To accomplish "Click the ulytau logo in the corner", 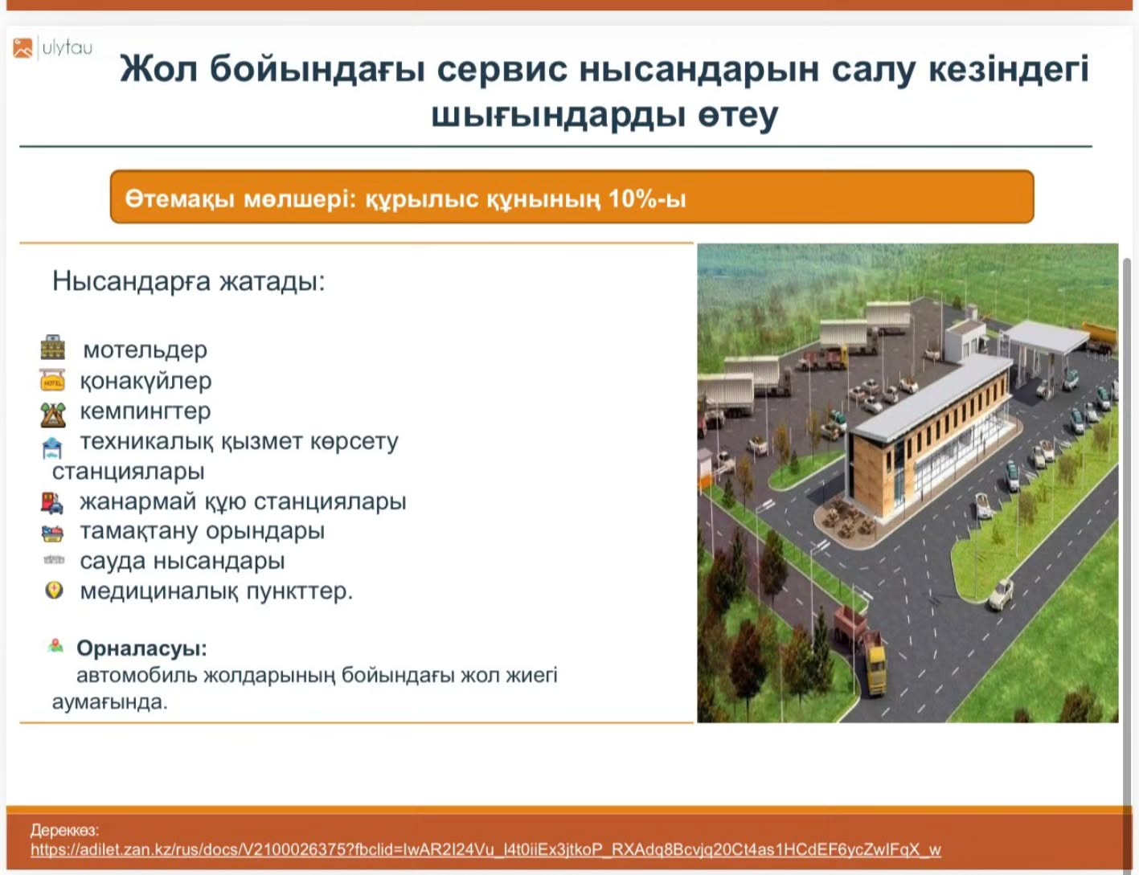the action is click(x=52, y=48).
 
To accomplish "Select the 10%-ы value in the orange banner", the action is click(x=647, y=199).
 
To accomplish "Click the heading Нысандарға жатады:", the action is click(x=189, y=281).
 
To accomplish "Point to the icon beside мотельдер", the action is click(x=53, y=347).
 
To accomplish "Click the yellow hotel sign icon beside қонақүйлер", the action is click(x=52, y=380).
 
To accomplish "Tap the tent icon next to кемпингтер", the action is click(x=53, y=415).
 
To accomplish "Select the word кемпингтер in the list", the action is click(x=145, y=411).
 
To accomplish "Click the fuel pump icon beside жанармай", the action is click(x=52, y=503).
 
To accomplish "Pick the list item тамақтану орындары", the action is click(x=203, y=531).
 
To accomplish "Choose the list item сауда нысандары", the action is click(x=182, y=561).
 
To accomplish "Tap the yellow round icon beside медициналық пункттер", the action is click(x=54, y=591).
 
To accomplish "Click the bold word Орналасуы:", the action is click(x=142, y=648).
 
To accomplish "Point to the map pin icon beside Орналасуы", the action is click(x=55, y=646).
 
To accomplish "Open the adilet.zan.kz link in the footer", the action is click(x=486, y=849).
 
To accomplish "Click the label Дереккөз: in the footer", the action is click(x=64, y=830).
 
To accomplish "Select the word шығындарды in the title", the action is click(x=558, y=115).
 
